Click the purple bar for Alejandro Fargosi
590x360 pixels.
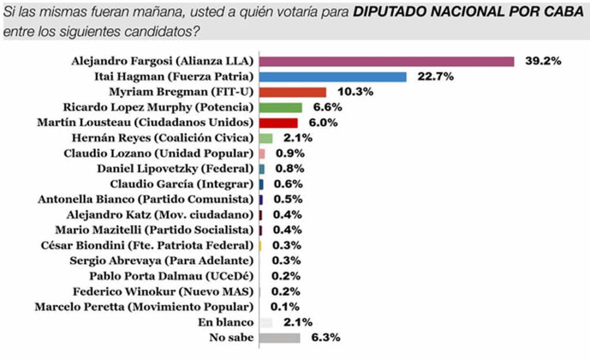(386, 61)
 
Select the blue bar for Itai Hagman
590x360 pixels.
(332, 77)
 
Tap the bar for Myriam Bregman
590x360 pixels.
(293, 92)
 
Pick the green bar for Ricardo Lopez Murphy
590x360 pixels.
(281, 108)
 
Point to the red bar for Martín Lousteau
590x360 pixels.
(278, 123)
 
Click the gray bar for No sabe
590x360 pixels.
(280, 338)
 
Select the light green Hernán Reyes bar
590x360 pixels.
(266, 138)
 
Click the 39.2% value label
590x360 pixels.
(543, 61)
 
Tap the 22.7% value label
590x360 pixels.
(435, 77)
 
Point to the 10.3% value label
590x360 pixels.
(355, 92)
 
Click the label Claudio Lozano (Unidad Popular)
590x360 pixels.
(158, 154)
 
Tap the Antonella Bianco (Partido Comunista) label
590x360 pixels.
(146, 200)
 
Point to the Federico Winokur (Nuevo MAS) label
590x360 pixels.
(163, 291)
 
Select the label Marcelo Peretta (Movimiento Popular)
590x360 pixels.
(144, 306)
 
